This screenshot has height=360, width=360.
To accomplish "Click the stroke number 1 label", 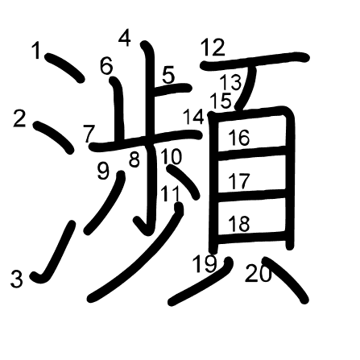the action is tap(36, 51).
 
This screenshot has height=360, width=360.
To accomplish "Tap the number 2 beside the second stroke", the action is tap(19, 119).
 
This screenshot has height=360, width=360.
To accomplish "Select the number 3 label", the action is tap(17, 279).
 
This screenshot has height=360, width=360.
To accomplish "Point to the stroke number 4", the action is tap(125, 38).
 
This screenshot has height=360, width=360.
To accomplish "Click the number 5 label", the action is tap(168, 75).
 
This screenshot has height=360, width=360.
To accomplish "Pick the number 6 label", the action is tap(106, 66).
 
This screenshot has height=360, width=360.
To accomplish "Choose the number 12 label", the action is tap(212, 48).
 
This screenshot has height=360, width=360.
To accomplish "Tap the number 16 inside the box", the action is tap(238, 138).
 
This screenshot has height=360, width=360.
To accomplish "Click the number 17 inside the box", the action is tap(238, 181).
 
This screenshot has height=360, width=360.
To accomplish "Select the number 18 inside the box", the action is tap(238, 224).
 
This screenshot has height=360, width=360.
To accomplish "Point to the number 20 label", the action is tap(258, 273).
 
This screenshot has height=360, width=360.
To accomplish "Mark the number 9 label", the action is tap(103, 172).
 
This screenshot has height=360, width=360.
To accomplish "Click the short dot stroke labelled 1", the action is tap(65, 68).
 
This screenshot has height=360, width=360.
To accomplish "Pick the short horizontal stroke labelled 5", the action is tap(172, 89).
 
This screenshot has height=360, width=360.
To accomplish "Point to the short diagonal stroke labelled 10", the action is tap(183, 182).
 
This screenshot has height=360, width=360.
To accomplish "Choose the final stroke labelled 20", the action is tap(285, 279).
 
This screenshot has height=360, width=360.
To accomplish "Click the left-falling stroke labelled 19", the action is tap(201, 283).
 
